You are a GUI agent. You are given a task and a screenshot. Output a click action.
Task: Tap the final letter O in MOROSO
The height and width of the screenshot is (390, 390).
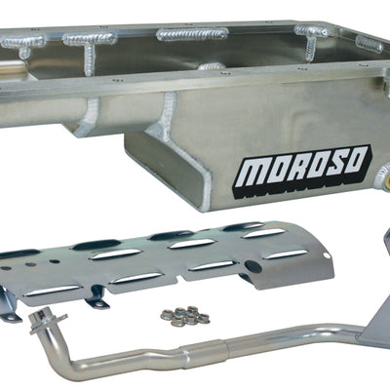(x=355, y=159)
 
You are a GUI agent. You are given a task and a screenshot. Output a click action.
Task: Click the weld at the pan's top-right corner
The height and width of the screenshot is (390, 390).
(x=369, y=45)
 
